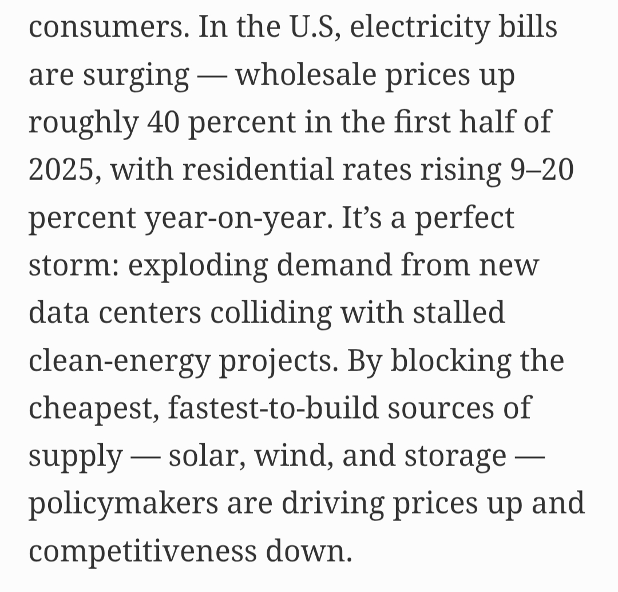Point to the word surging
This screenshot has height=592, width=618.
(x=136, y=75)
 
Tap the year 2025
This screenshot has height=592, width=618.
(x=62, y=170)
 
